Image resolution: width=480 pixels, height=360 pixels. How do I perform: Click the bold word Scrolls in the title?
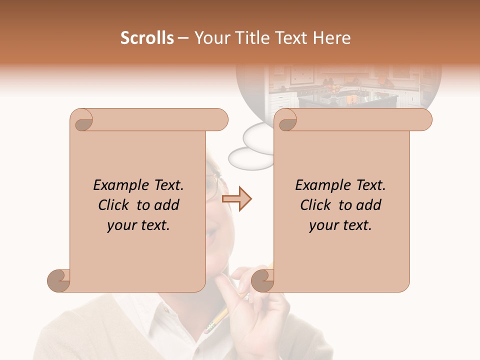click(x=147, y=38)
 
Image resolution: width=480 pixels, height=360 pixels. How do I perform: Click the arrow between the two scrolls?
click(x=236, y=198)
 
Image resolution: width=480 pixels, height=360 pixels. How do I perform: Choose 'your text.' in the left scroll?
click(x=138, y=225)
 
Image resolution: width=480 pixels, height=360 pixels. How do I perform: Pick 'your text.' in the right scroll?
click(x=340, y=225)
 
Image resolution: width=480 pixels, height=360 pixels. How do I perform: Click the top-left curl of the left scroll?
click(x=82, y=120)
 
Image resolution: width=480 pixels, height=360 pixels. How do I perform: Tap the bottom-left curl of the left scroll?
click(x=58, y=281)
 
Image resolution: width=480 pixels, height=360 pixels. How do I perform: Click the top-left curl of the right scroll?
click(x=286, y=120)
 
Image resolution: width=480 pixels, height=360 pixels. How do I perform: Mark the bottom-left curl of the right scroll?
click(x=262, y=281)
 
